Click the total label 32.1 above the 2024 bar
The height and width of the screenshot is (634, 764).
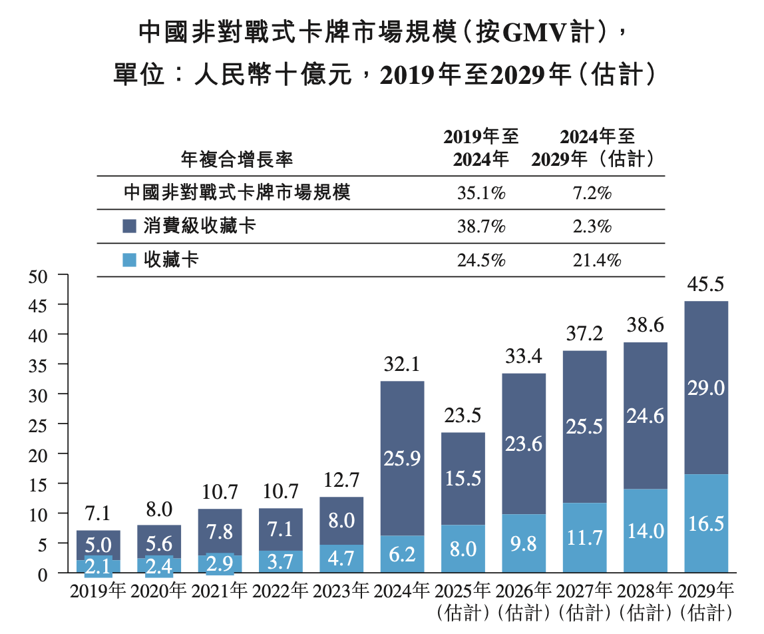coord(403,365)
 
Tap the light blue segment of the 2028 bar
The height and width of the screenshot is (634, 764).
coord(645,531)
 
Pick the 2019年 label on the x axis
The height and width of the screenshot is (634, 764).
coord(98,591)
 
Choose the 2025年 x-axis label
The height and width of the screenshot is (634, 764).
coord(463,591)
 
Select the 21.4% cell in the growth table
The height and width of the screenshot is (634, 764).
coord(597,260)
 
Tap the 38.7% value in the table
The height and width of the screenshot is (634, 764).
coord(481,226)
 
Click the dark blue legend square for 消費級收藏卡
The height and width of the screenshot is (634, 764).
coord(130,226)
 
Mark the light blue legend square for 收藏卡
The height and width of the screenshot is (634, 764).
coord(130,260)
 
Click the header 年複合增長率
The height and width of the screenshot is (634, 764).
coord(237,160)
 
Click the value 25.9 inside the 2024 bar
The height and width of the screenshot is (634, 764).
coord(403,458)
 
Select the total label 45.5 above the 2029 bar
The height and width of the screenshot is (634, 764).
coord(706,285)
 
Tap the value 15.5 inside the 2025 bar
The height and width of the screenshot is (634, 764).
coord(463,479)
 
